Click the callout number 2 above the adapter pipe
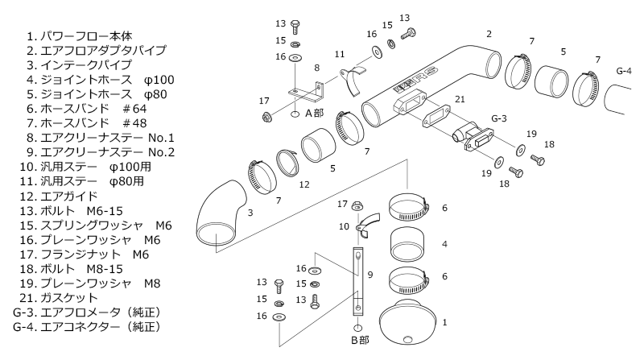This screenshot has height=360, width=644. point(489,35)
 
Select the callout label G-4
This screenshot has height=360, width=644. point(624,72)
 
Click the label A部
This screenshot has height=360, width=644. point(314,114)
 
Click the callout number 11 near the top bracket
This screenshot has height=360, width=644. point(339,53)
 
